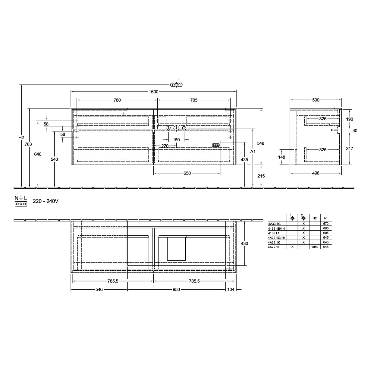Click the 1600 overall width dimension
tap(153, 92)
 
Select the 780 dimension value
tap(117, 100)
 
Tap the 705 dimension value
tap(194, 100)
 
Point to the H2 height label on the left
tap(21, 137)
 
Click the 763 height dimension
tap(28, 144)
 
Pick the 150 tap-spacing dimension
tap(176, 140)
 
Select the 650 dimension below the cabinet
tap(187, 173)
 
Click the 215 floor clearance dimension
tap(261, 176)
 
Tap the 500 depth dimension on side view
tap(316, 100)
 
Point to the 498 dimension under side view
tap(316, 173)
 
